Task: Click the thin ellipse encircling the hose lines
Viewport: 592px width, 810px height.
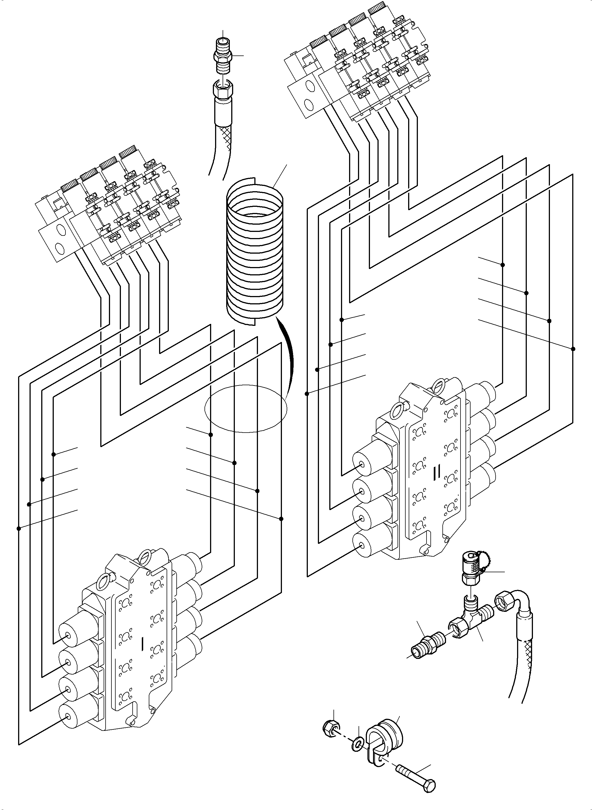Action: [246, 409]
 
